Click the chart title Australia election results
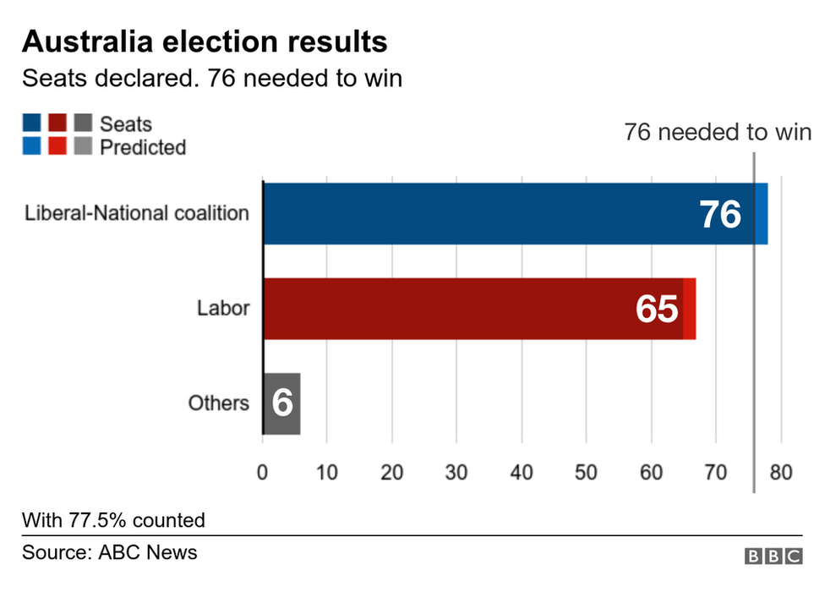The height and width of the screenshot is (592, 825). (x=205, y=41)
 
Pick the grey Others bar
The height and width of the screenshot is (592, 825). (x=282, y=403)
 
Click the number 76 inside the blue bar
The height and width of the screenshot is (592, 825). (x=719, y=215)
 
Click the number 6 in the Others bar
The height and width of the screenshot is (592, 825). (x=282, y=404)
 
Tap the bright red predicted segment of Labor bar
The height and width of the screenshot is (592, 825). (x=689, y=309)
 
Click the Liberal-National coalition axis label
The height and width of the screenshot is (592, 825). (x=137, y=212)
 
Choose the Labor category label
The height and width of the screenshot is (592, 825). (x=223, y=308)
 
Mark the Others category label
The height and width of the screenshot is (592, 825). (x=218, y=403)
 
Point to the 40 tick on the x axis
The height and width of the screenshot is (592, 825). (x=522, y=472)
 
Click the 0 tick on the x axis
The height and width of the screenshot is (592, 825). (x=263, y=472)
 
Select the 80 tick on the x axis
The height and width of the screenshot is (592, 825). (x=781, y=472)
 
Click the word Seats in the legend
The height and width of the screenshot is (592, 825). (x=126, y=124)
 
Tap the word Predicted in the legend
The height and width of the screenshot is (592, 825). (x=143, y=147)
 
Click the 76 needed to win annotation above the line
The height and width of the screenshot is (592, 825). (x=718, y=132)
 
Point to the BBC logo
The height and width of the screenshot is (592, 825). (x=773, y=556)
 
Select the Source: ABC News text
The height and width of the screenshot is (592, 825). (x=110, y=552)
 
